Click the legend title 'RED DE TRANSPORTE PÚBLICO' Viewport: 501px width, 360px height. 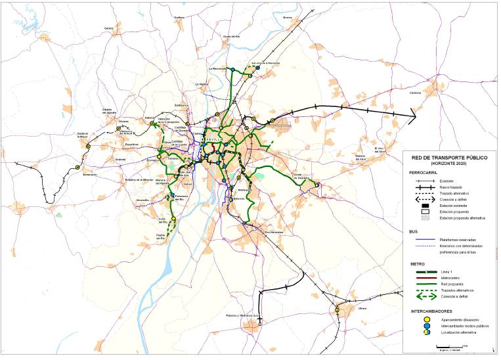(450, 158)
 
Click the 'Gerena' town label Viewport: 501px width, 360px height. (108, 28)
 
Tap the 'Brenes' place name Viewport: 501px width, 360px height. (287, 18)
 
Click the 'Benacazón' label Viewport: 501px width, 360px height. (90, 175)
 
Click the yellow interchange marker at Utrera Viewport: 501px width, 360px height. (338, 309)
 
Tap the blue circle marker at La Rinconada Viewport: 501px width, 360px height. (231, 70)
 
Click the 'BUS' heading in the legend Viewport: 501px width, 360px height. (414, 232)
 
